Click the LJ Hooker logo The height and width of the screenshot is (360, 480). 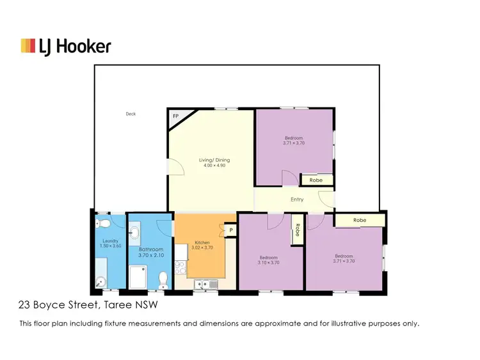66,46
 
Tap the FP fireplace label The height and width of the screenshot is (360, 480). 175,116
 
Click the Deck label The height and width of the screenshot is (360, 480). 131,114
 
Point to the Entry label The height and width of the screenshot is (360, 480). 297,200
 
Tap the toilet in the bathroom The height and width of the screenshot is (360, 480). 164,279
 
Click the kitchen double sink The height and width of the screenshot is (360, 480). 206,283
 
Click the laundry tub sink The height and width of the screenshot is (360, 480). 102,281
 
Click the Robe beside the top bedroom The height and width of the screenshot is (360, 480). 316,180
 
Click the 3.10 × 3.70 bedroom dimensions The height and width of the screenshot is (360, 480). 268,262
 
